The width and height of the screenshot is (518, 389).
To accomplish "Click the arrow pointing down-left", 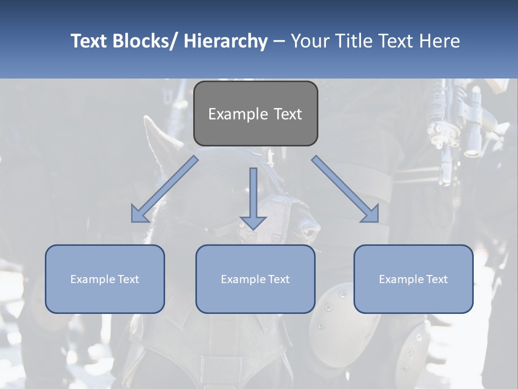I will click(x=165, y=189).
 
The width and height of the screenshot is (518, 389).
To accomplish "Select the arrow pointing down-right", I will click(x=345, y=189).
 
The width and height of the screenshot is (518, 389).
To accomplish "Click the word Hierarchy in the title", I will click(x=225, y=41).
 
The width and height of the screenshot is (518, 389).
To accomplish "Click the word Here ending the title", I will click(x=440, y=41).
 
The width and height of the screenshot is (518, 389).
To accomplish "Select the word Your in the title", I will click(x=310, y=41).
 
